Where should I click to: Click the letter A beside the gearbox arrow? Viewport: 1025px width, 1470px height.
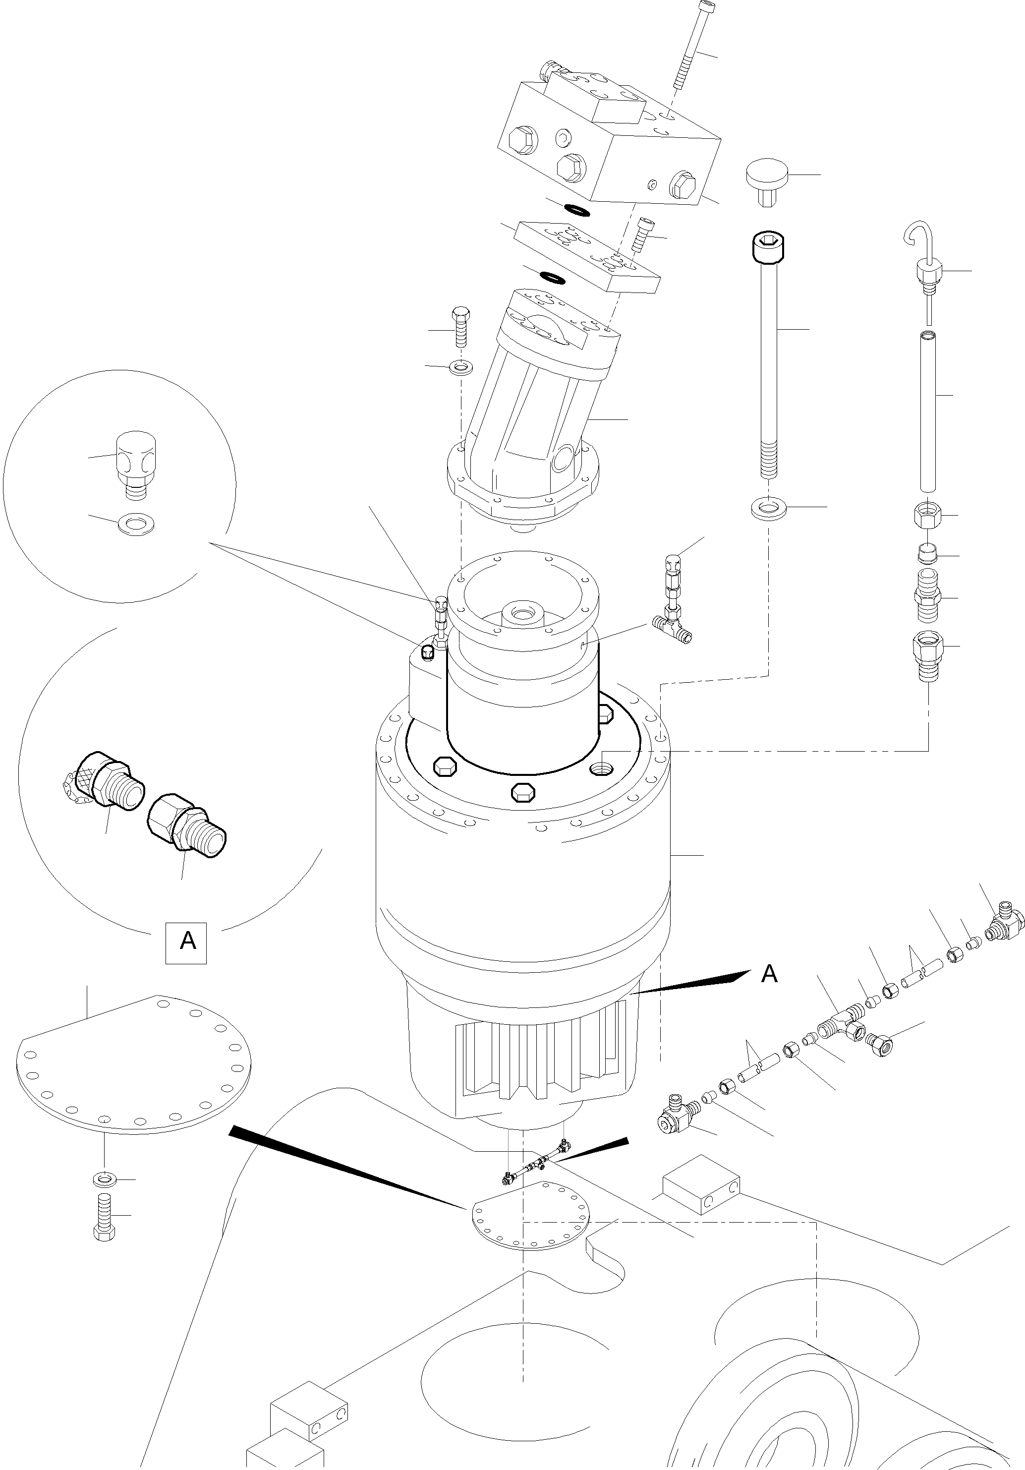pos(769,974)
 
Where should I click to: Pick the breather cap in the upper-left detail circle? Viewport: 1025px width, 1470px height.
pos(136,459)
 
